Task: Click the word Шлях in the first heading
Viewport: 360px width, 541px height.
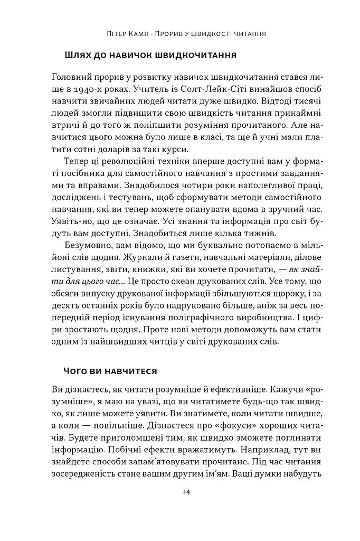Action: [78, 55]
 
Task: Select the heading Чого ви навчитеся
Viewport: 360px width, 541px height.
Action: [110, 371]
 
